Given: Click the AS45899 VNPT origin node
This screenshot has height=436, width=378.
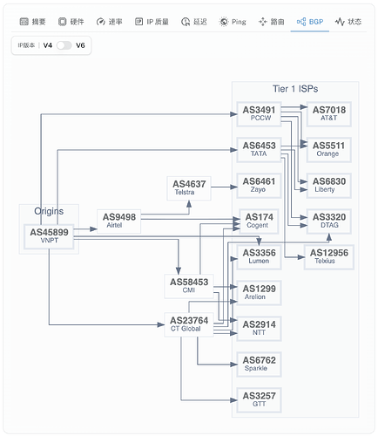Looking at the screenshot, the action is (x=49, y=236).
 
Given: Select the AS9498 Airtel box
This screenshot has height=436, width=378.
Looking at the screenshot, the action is (x=119, y=221).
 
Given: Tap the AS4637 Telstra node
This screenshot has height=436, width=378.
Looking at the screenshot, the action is (x=189, y=188).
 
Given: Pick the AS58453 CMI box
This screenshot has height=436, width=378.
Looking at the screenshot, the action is (x=189, y=286).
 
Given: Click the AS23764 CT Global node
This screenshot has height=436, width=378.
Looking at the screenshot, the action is (x=189, y=324).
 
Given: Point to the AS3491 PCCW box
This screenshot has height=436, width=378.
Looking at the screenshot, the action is (x=259, y=114).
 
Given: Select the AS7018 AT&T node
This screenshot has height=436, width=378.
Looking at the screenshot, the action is (x=329, y=114).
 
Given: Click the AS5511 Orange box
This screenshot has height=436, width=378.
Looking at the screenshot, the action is (x=329, y=150).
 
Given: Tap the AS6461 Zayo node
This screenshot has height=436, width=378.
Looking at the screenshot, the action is (x=259, y=186).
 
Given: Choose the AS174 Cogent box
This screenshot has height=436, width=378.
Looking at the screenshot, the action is (x=259, y=221).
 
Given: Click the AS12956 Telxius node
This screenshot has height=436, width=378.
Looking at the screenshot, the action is (x=329, y=257).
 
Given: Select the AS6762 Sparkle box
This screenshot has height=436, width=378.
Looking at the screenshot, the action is (x=259, y=364).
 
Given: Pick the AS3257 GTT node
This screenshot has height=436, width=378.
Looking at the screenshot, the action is (x=259, y=400).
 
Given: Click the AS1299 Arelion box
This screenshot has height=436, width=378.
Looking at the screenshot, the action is (x=259, y=293).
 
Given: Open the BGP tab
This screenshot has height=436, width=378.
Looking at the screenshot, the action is (x=310, y=22).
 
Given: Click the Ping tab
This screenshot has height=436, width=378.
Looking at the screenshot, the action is (x=233, y=22).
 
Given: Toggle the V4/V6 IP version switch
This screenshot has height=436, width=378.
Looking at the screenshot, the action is (x=64, y=45).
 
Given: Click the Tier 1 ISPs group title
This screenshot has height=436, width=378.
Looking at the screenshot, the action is (x=295, y=89).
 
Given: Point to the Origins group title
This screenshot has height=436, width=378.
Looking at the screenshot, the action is (x=49, y=211).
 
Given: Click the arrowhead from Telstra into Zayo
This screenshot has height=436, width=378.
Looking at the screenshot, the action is (x=233, y=187).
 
